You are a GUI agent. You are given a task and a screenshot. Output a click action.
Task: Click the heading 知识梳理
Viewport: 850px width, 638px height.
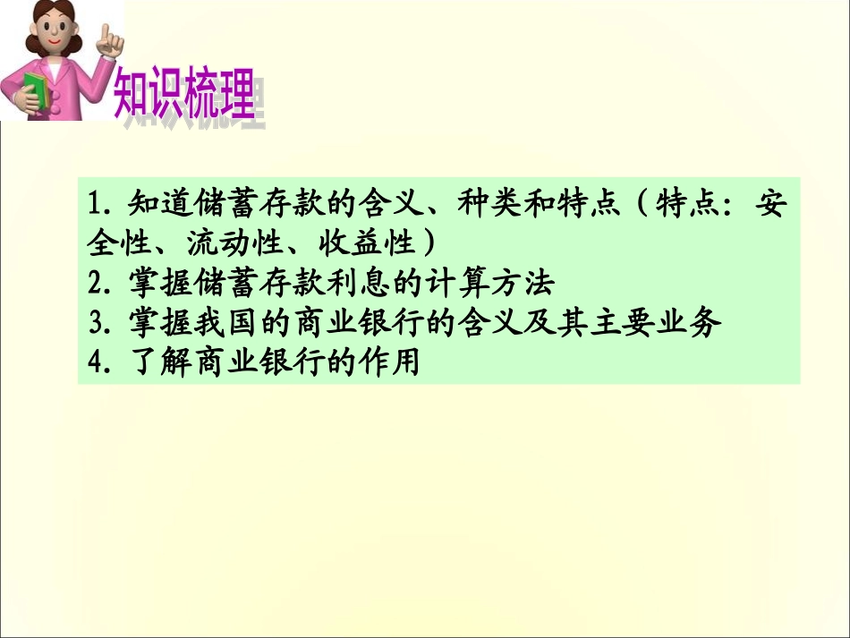(x=184, y=94)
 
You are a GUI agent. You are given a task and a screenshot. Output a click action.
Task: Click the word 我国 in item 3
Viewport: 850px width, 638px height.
(x=208, y=323)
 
